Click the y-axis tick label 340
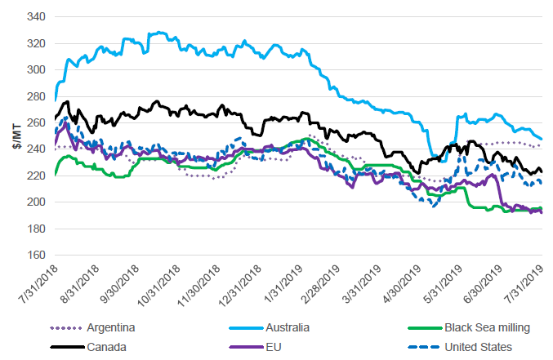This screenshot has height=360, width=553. coord(36,16)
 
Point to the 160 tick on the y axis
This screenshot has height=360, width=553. coord(36,255)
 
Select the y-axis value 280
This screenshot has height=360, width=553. coord(36,96)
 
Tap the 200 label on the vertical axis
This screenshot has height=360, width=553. coord(36,202)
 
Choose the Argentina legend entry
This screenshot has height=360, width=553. coord(107,328)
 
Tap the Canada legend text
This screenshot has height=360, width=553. coord(102,347)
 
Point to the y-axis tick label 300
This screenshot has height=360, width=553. coord(36,69)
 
